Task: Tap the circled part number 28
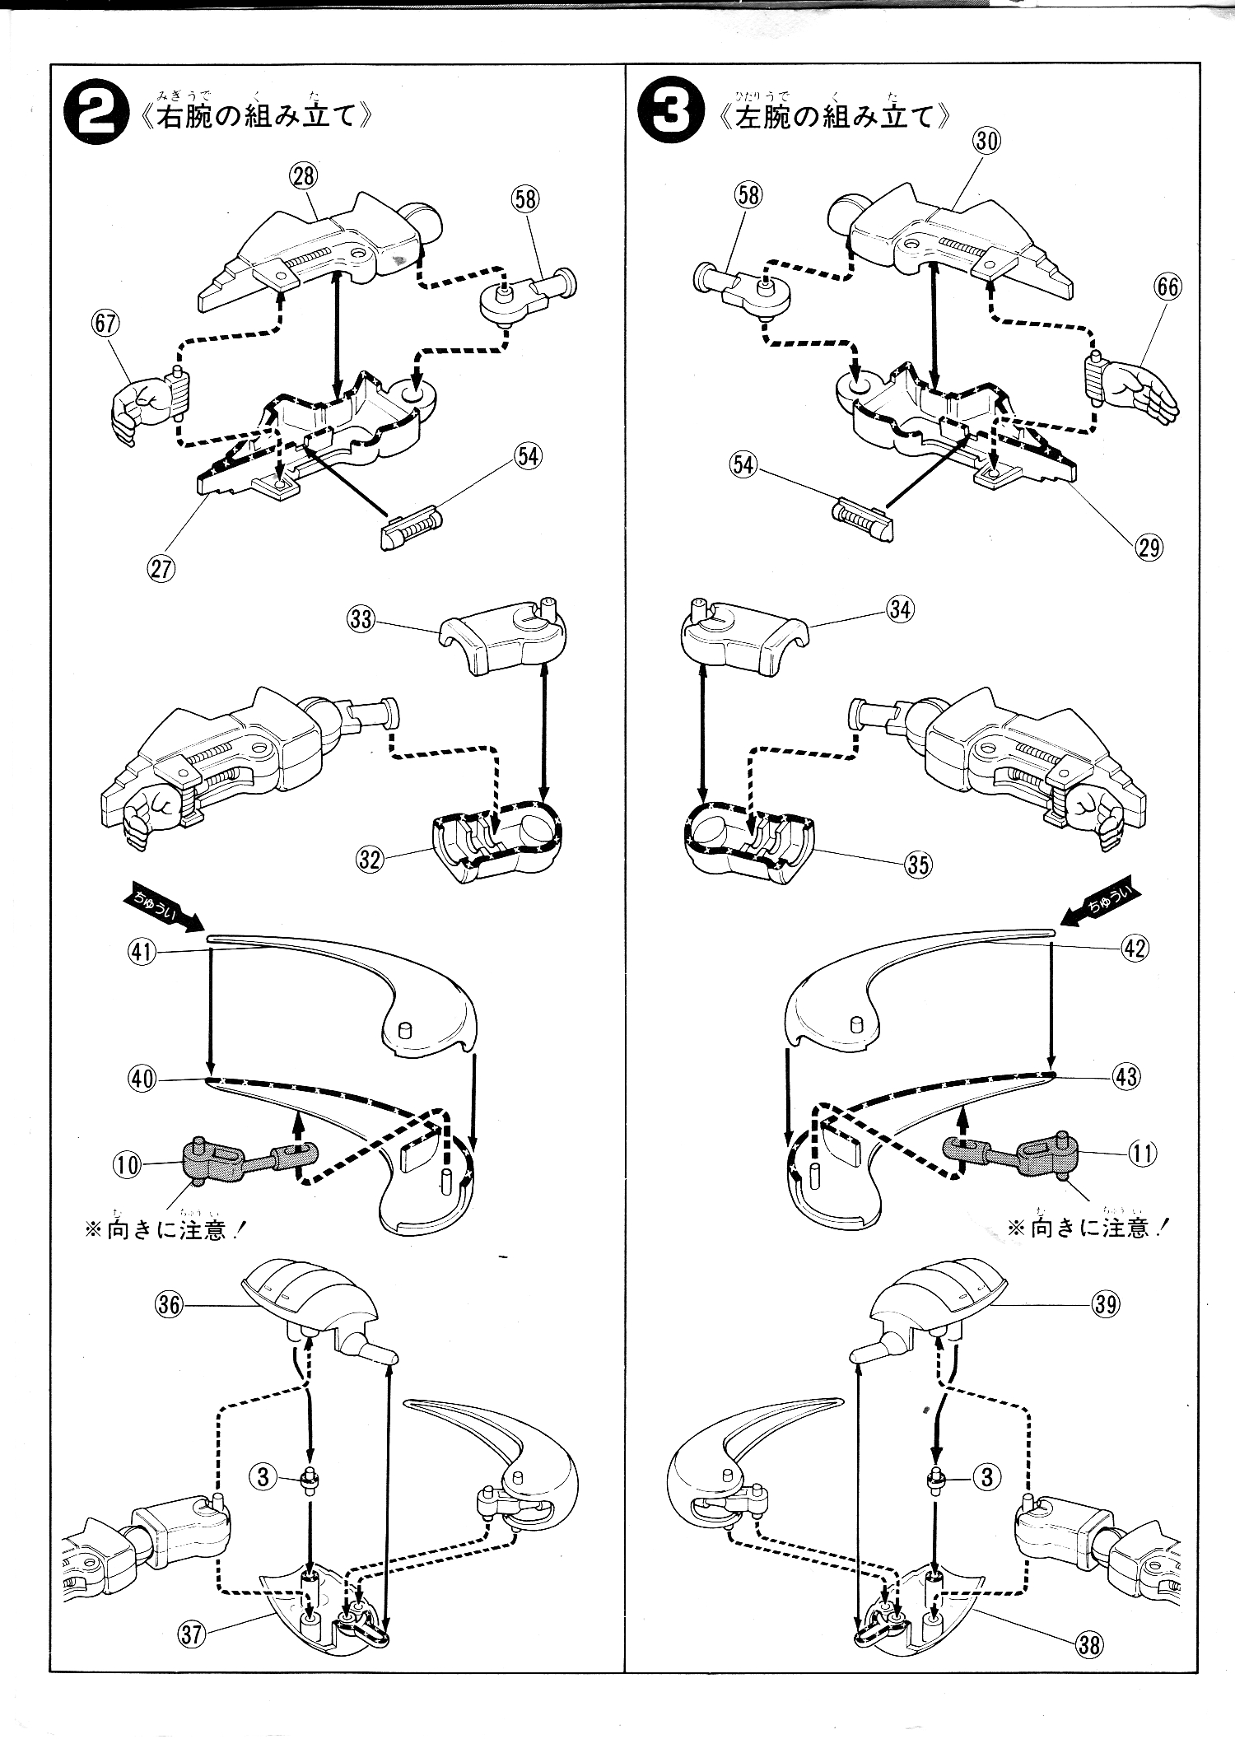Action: point(304,175)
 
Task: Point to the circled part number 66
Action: point(1167,287)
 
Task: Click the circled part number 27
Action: point(161,570)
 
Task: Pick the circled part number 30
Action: point(986,141)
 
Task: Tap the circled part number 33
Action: point(361,619)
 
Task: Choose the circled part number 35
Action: point(918,864)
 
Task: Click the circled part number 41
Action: point(142,953)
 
